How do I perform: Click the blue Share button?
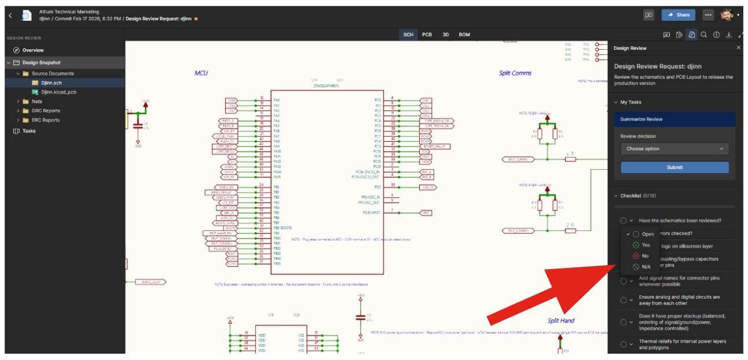pos(679,15)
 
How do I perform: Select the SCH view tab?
pos(408,35)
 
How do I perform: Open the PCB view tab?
pos(427,35)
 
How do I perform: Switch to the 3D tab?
pos(446,35)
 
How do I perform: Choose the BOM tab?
pos(464,35)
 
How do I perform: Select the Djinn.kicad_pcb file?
pos(58,92)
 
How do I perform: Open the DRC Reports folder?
pos(45,111)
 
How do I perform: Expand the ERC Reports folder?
pos(45,120)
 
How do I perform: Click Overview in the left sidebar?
pos(32,50)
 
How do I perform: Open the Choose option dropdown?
pos(674,149)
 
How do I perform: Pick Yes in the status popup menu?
pos(646,245)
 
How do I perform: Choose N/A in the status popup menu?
pos(646,267)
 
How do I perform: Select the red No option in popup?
pos(645,256)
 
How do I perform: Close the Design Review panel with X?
pos(738,48)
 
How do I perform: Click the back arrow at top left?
pos(10,15)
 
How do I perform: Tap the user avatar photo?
pos(727,15)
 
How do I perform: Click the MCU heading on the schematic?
pos(201,74)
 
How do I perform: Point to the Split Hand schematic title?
pos(560,321)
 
